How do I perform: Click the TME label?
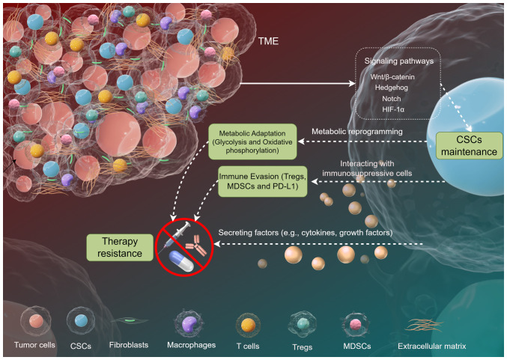[x=267, y=43]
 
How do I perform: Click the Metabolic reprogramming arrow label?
[x=359, y=132]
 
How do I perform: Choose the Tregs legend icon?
[x=303, y=323]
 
